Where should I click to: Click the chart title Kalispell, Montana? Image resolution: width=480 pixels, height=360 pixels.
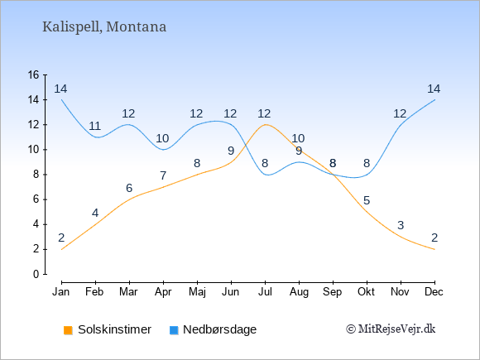pyautogui.click(x=104, y=27)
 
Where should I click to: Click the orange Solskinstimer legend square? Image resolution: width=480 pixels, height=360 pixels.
pyautogui.click(x=68, y=330)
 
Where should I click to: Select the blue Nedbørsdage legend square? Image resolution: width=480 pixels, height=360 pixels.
pyautogui.click(x=174, y=330)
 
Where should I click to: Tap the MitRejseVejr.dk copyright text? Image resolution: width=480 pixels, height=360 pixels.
pyautogui.click(x=391, y=329)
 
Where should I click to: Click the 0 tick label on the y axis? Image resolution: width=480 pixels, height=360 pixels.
pyautogui.click(x=36, y=274)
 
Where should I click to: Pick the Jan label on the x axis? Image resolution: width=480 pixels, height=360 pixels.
pyautogui.click(x=61, y=292)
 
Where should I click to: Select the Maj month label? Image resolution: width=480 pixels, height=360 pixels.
pyautogui.click(x=197, y=292)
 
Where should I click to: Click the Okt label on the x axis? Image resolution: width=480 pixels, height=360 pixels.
pyautogui.click(x=366, y=292)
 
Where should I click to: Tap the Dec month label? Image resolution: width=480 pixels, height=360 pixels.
pyautogui.click(x=434, y=292)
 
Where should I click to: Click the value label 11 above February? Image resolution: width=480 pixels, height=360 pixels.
pyautogui.click(x=94, y=126)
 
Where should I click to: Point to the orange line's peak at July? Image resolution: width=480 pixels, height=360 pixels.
pyautogui.click(x=265, y=124)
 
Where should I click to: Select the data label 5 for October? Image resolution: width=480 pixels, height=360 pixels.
pyautogui.click(x=367, y=201)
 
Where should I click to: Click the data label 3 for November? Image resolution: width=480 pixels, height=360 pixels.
pyautogui.click(x=401, y=226)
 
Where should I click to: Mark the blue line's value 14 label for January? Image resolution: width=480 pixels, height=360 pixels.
pyautogui.click(x=60, y=89)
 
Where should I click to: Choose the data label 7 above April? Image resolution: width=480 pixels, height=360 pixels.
pyautogui.click(x=163, y=176)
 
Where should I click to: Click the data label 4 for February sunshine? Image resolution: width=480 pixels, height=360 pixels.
pyautogui.click(x=95, y=213)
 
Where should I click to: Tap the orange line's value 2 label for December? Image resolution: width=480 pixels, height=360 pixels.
pyautogui.click(x=434, y=238)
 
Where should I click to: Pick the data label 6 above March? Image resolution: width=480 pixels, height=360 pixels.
pyautogui.click(x=129, y=188)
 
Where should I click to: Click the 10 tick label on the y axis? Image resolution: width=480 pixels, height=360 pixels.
pyautogui.click(x=33, y=150)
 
